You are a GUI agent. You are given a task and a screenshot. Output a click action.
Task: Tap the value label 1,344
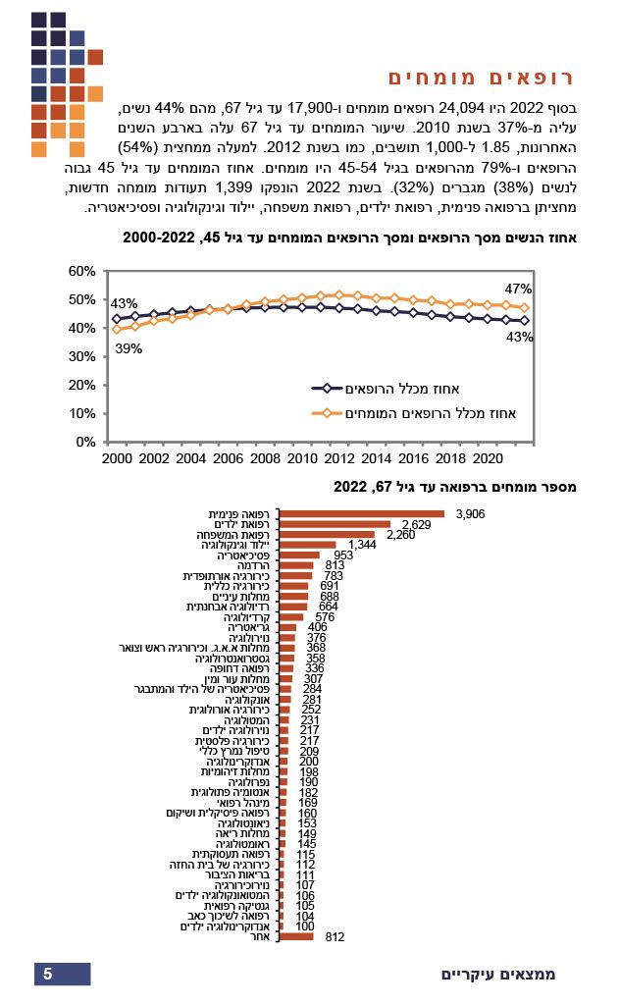[362, 545]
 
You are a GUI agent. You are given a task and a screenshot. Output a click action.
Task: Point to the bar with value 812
[296, 937]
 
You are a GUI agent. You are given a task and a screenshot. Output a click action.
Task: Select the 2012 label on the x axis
[339, 458]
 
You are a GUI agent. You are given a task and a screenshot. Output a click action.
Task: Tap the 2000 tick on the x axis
[116, 458]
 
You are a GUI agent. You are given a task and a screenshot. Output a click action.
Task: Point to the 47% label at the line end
[518, 289]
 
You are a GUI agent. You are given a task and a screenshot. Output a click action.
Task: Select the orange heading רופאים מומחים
[480, 78]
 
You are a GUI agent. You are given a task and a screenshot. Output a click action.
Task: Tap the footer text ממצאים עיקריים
[496, 975]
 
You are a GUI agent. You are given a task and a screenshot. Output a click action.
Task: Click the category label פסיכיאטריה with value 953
[246, 555]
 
